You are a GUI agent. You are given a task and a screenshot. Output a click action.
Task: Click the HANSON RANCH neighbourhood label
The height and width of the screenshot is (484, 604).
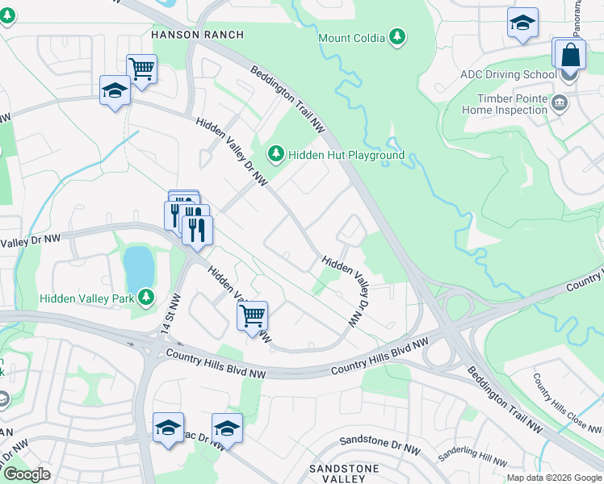pos(186,34)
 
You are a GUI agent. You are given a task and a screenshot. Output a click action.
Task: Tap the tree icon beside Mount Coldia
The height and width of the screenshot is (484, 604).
pos(396,37)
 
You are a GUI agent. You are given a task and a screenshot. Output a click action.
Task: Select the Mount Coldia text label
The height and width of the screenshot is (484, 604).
pos(350,38)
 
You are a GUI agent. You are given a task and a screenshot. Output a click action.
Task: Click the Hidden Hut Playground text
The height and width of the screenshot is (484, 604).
pos(346,155)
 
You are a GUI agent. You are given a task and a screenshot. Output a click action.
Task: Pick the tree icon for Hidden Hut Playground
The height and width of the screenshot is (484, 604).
pos(276,153)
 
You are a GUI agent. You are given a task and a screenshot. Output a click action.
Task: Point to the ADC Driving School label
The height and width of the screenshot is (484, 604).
pos(509,75)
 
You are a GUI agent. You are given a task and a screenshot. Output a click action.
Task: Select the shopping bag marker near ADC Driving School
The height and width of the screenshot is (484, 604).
pos(570,56)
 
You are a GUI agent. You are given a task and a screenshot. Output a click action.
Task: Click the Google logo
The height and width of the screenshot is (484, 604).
pos(27,474)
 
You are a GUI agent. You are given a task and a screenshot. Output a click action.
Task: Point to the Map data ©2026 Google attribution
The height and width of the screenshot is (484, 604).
pos(553,478)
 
